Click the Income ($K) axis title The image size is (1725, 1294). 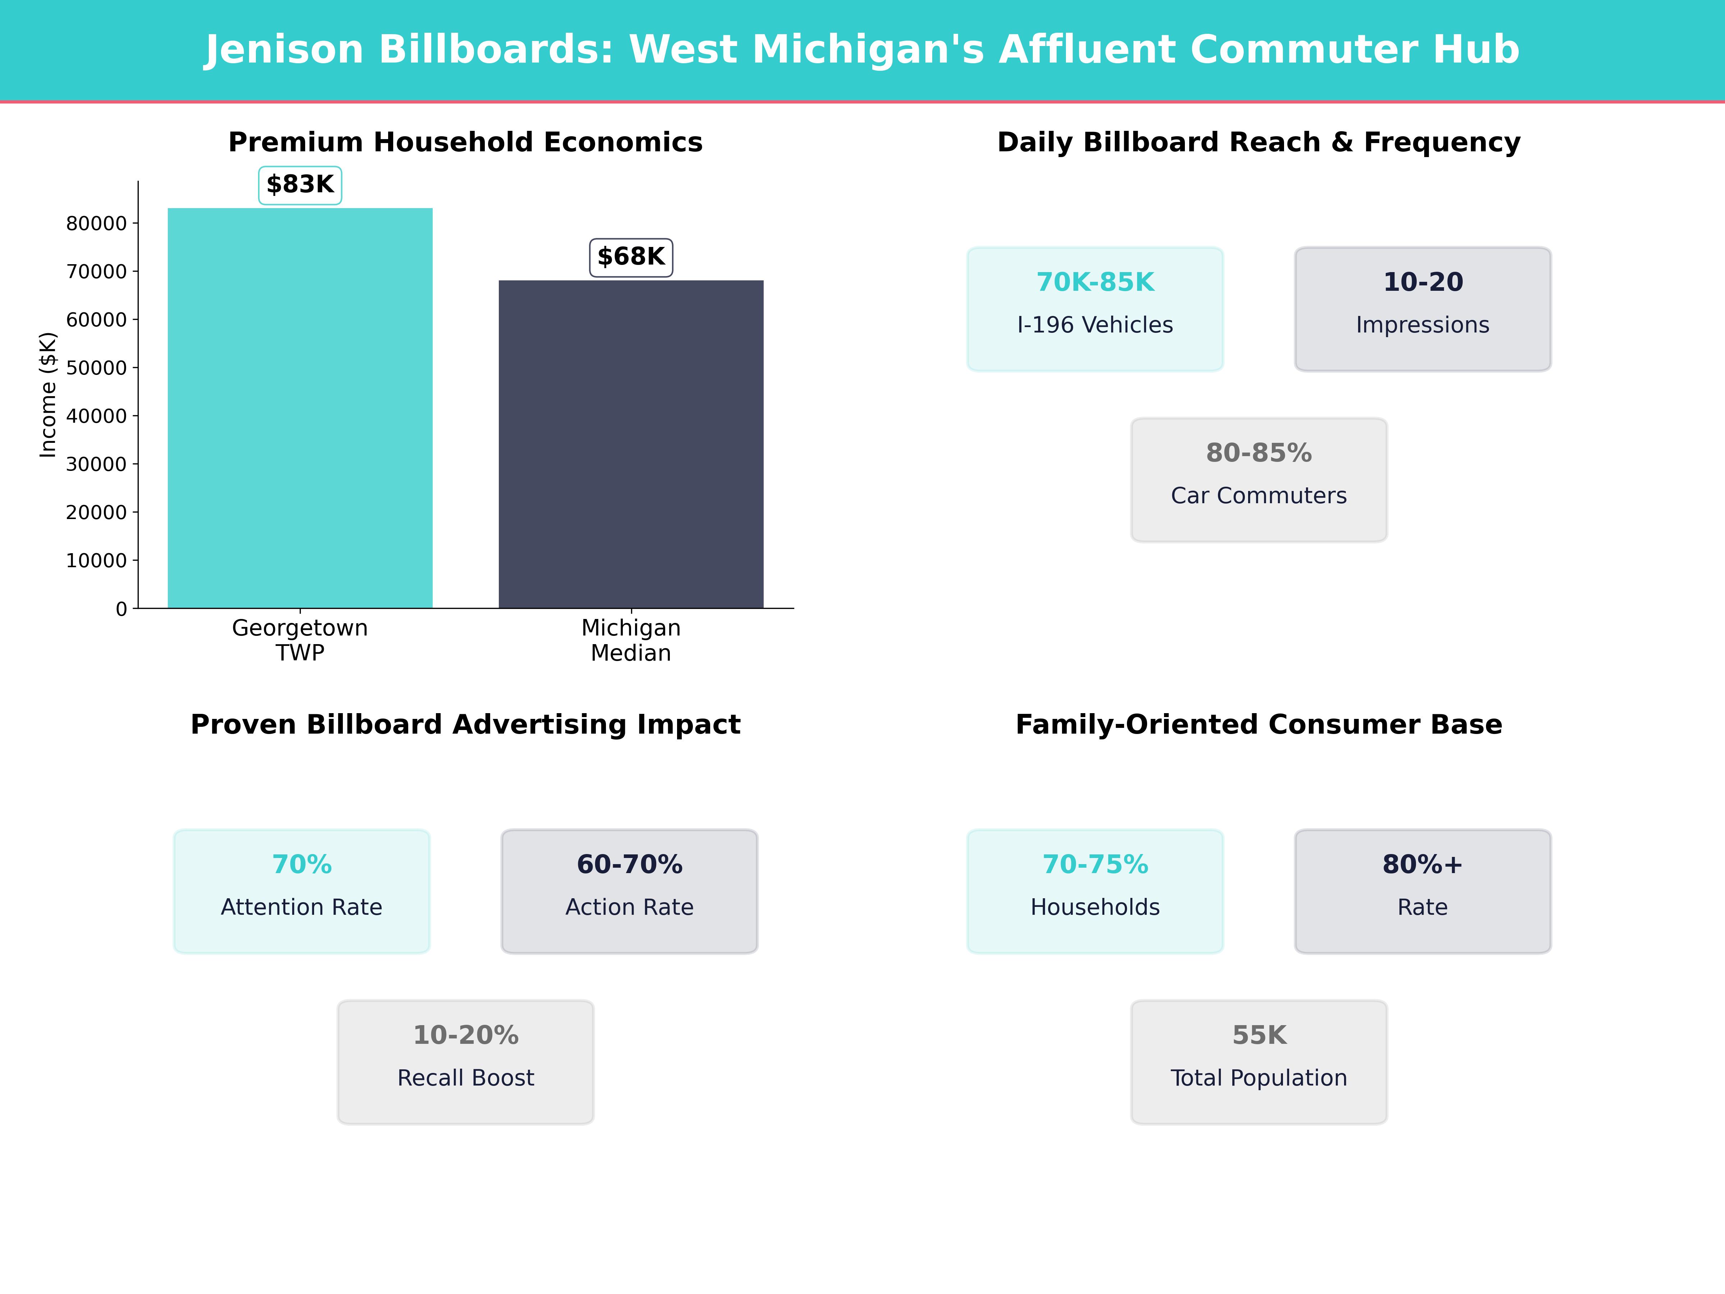tap(49, 395)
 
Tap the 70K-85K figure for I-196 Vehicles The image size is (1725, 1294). tap(1095, 283)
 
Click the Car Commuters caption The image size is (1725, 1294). tap(1259, 496)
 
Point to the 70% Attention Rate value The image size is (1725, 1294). tap(302, 865)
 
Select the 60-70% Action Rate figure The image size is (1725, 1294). tap(629, 865)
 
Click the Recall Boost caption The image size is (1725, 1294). tap(465, 1078)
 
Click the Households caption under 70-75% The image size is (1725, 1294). tap(1095, 907)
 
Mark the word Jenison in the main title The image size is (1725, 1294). tap(285, 50)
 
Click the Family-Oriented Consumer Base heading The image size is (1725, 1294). tap(1259, 725)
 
